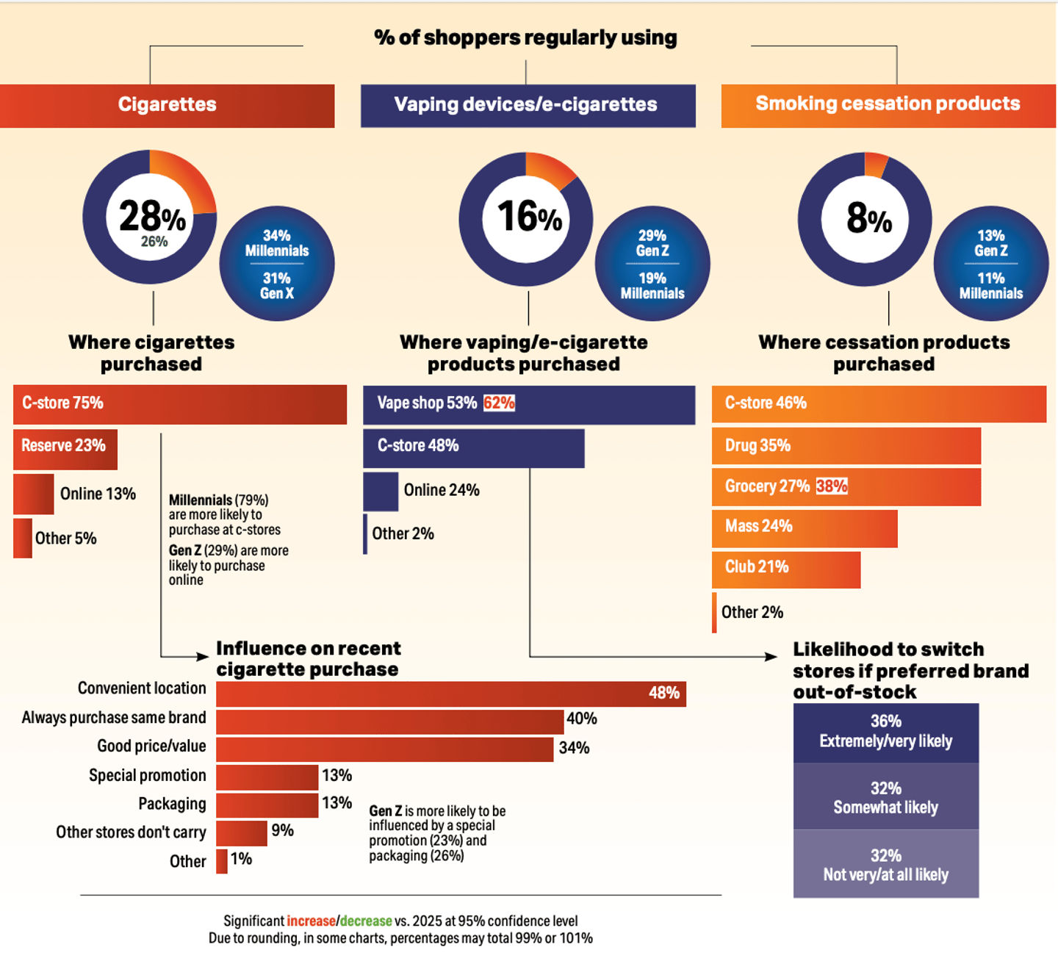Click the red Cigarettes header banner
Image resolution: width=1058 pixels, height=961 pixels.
click(168, 105)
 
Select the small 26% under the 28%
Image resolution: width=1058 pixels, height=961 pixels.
click(154, 242)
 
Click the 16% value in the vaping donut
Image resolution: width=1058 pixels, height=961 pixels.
click(529, 217)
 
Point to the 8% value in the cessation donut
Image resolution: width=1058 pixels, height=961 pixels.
click(868, 218)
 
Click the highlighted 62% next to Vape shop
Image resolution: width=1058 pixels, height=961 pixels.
click(499, 403)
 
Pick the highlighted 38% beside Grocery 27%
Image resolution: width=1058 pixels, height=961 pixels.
click(832, 486)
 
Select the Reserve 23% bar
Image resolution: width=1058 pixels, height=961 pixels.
click(65, 446)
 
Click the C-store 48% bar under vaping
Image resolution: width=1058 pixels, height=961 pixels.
click(473, 447)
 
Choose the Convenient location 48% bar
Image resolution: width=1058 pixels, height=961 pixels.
click(450, 694)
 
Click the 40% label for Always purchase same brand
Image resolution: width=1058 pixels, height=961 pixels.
click(582, 719)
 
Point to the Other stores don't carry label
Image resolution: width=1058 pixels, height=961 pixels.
click(131, 832)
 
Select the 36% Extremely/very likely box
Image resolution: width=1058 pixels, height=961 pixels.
click(885, 732)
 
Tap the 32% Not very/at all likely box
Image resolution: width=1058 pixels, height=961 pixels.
click(885, 865)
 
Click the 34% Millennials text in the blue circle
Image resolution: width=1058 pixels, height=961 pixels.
click(277, 243)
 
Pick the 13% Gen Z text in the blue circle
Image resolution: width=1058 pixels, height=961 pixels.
click(990, 243)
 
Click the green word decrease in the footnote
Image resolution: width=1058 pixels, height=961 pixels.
click(366, 921)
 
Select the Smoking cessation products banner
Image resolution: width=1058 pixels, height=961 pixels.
click(888, 104)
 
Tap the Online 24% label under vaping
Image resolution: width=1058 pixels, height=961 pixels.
click(442, 490)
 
